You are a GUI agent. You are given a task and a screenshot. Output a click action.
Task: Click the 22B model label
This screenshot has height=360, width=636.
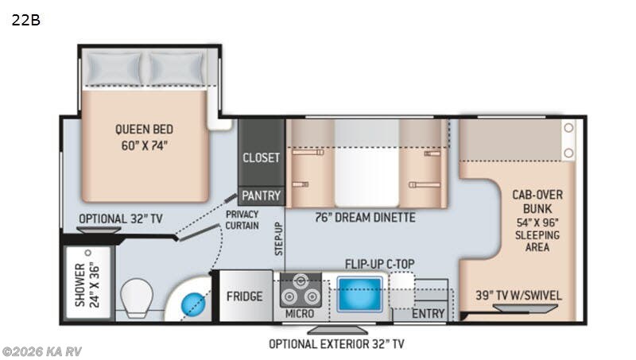26,20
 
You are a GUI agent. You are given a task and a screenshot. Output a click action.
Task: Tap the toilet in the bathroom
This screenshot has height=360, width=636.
137,297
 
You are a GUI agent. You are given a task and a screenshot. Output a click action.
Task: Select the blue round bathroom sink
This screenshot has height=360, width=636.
192,304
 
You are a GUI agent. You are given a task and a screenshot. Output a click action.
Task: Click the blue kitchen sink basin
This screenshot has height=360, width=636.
359,294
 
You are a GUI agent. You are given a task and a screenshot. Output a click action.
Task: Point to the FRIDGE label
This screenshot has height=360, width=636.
244,296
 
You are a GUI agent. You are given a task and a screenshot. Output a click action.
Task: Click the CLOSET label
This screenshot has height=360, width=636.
261,157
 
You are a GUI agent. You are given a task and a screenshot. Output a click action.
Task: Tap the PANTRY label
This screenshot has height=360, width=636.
262,195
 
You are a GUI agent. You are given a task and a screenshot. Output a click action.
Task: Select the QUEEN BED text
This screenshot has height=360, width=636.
144,130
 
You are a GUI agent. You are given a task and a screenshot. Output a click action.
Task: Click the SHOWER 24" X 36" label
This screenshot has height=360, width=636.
87,285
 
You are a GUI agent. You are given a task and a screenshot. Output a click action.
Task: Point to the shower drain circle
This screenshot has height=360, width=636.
88,253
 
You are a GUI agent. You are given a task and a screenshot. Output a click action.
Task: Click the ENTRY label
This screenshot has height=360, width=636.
429,314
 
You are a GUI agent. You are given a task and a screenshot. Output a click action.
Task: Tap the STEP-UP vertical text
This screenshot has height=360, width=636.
279,238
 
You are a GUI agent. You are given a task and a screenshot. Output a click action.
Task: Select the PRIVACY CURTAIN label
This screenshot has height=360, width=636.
242,220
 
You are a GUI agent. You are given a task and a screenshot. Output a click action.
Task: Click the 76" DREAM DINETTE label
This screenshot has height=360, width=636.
365,218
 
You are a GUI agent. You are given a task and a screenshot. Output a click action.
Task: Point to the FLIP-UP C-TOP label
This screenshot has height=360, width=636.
380,265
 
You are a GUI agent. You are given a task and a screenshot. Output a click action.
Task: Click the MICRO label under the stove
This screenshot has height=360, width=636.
300,314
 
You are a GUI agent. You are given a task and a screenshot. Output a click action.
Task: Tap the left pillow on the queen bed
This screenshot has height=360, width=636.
113,68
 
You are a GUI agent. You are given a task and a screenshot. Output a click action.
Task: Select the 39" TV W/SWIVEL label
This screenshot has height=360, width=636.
519,295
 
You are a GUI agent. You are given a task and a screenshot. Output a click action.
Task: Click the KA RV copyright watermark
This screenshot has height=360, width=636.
42,351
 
